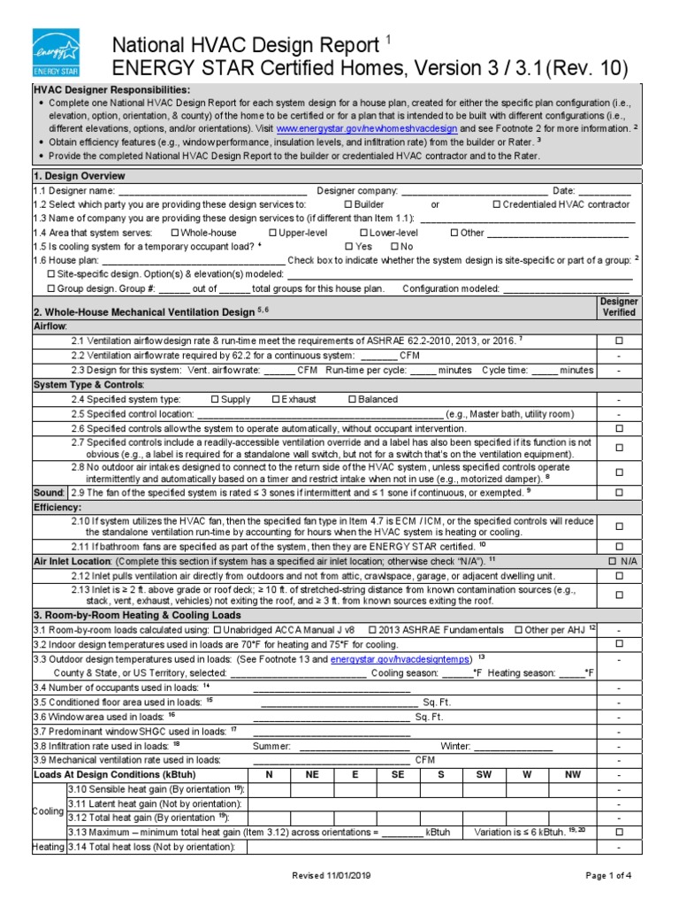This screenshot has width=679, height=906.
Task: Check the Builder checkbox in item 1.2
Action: tap(348, 204)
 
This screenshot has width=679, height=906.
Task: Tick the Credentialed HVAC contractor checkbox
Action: tap(496, 204)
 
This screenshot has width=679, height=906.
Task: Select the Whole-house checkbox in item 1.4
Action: tap(174, 233)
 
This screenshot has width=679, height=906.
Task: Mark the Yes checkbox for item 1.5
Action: tap(348, 246)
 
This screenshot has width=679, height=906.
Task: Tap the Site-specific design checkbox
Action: tap(51, 274)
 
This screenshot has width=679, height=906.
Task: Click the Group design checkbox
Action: tap(51, 288)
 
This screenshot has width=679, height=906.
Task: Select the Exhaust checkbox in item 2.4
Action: tap(276, 400)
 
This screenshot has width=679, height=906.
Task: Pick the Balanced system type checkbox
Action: tap(352, 400)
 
